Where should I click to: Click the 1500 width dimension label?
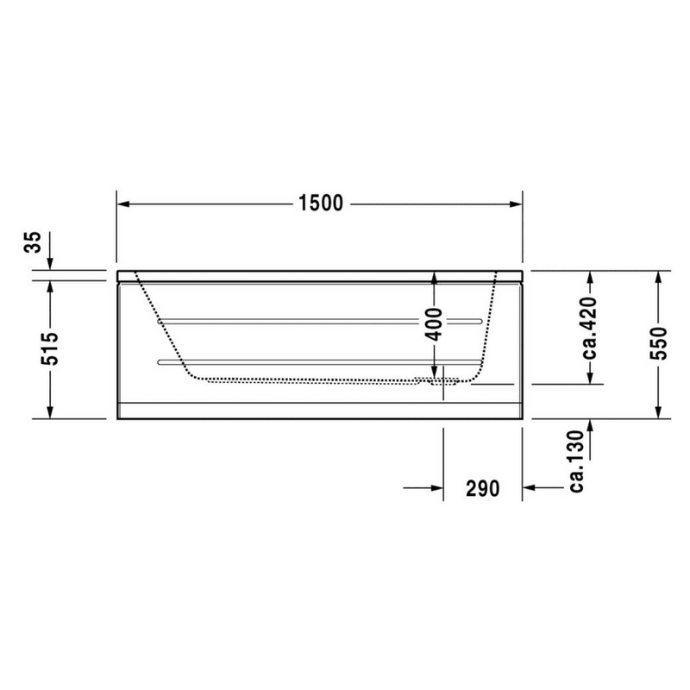pos(320,204)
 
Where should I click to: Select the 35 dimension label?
pos(33,242)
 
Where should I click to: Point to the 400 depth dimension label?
pos(435,325)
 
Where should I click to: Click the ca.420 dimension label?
pos(590,328)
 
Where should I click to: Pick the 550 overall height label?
pos(658,343)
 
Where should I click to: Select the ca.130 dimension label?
pos(576,461)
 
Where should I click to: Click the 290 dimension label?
pos(483,488)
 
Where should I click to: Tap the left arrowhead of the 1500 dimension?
pos(123,204)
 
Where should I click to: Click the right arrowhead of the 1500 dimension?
pos(516,204)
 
